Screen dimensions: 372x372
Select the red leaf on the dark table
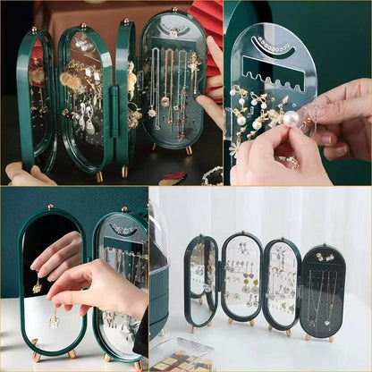172,178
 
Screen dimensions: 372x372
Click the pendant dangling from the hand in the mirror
37,285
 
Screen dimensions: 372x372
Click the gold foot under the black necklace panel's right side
332,338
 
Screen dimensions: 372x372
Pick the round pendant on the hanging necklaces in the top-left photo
165,101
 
